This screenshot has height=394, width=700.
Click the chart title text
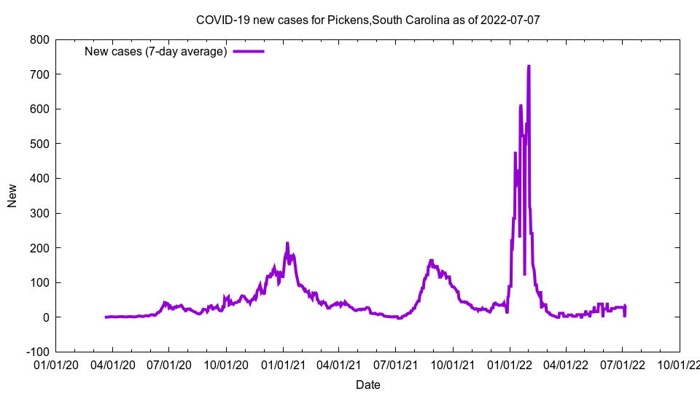point(367,20)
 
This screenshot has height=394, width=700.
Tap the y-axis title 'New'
point(12,196)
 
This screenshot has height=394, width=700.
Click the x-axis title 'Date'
point(367,385)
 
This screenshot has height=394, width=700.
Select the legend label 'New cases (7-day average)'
point(156,51)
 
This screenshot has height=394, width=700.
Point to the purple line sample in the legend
point(248,51)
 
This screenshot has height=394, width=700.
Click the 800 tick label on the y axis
point(39,39)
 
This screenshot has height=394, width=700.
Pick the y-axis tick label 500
point(39,144)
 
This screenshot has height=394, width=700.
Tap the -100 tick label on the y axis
point(37,352)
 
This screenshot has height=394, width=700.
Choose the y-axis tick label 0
point(46,317)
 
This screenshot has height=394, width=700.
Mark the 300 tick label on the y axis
point(39,213)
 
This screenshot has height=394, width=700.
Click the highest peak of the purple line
point(529,66)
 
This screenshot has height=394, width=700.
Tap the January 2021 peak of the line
point(287,243)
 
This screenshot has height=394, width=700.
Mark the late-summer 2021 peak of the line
point(432,260)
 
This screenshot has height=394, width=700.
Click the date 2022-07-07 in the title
point(510,20)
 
